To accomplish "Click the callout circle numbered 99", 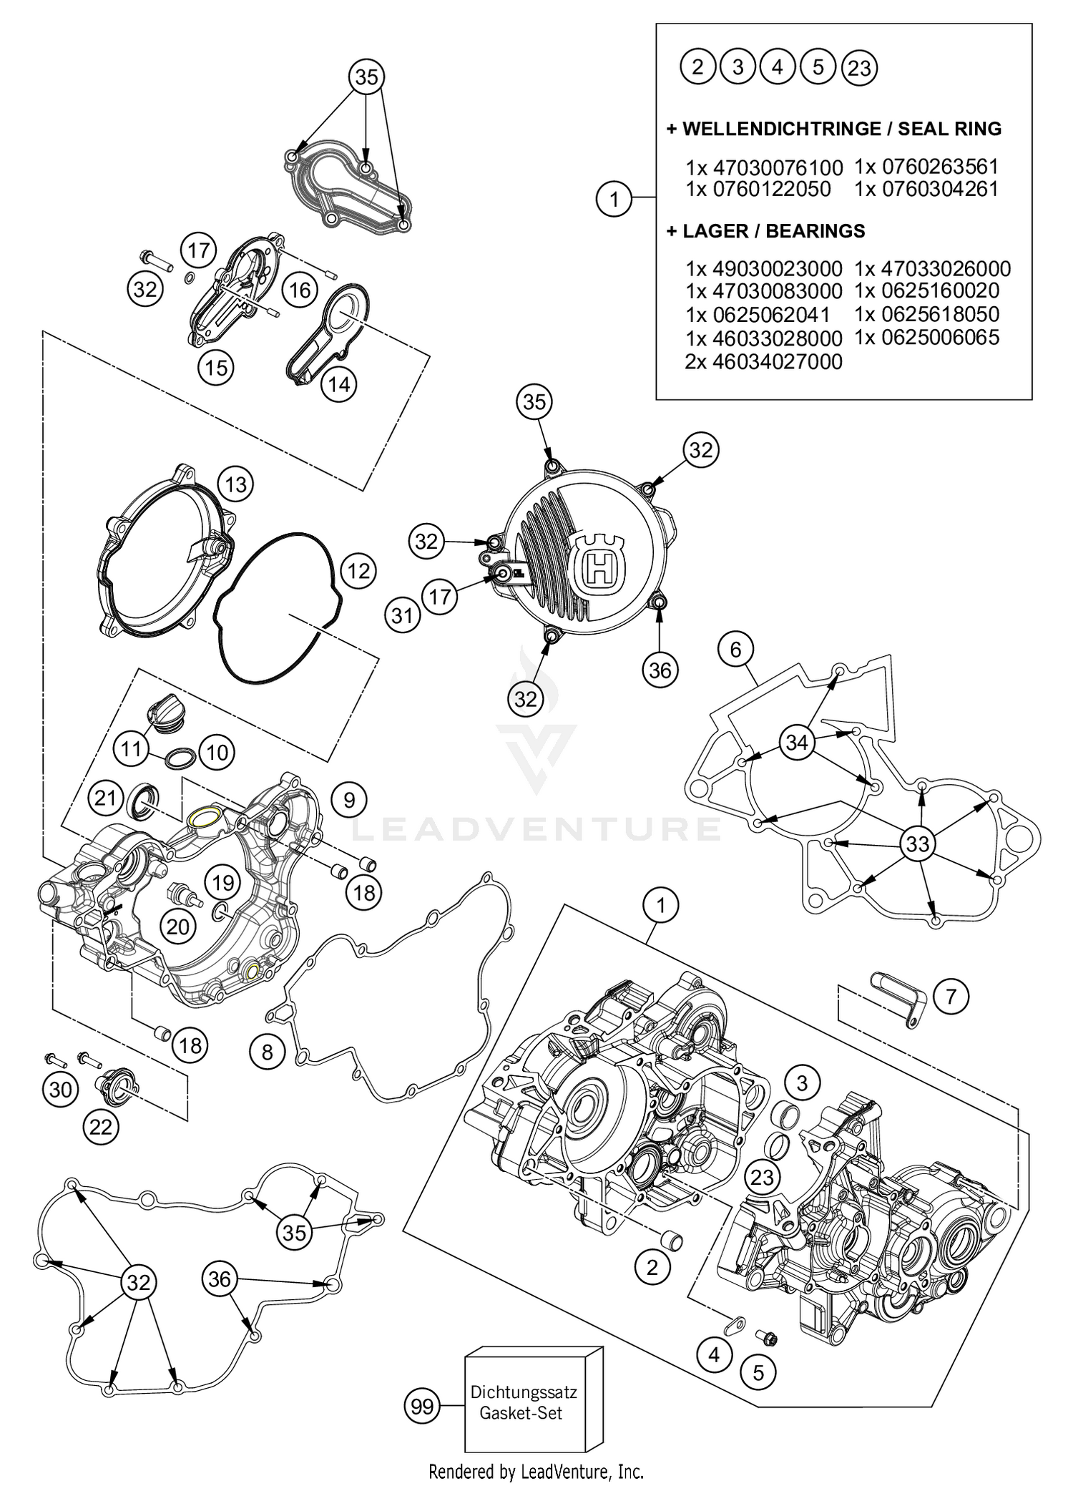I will point(422,1406).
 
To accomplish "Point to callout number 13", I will point(235,484).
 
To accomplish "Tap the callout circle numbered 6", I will point(736,649).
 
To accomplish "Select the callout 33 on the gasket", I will point(917,844).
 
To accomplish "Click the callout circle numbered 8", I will point(267,1052).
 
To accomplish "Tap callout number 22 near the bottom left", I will point(101,1127).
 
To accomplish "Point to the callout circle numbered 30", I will point(61,1089).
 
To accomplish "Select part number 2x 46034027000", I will point(764,361).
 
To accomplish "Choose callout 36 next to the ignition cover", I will point(660,670).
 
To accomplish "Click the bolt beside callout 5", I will point(768,1336).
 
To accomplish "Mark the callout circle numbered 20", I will point(177,927).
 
